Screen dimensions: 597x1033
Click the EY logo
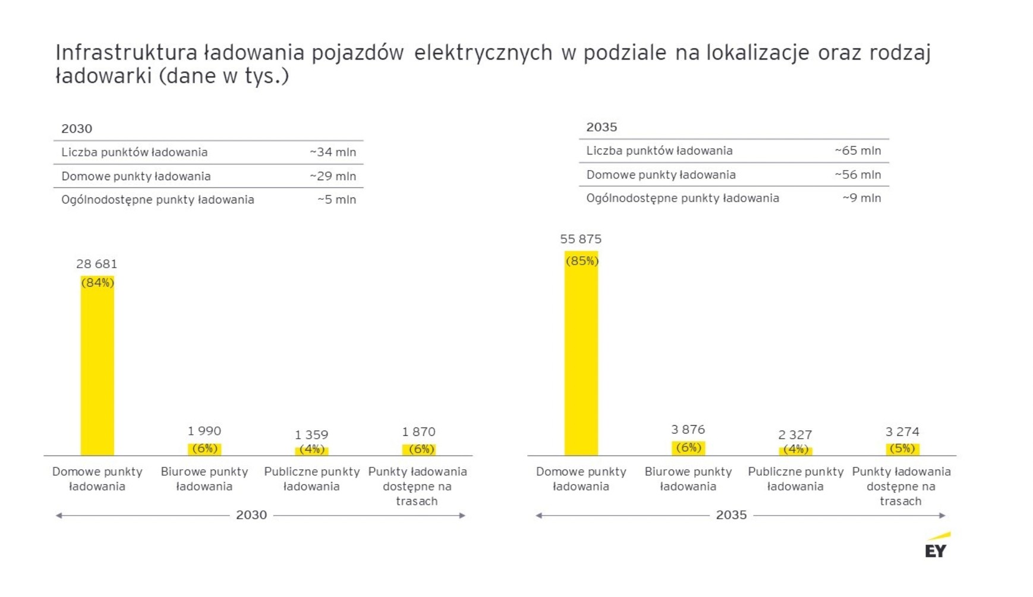tap(937, 546)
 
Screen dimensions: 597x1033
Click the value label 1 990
tap(204, 431)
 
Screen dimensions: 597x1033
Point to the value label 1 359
tap(311, 435)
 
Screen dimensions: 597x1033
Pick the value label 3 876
tap(688, 429)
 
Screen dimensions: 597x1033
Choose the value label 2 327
tap(795, 435)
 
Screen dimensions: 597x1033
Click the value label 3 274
tap(902, 432)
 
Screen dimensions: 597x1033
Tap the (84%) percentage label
tap(97, 283)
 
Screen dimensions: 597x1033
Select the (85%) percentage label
tap(582, 261)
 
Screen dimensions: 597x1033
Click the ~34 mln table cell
tap(333, 152)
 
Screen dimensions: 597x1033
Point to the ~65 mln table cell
tap(858, 151)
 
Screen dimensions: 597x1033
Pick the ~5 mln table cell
tap(336, 200)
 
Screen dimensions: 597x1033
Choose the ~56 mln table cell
tap(858, 175)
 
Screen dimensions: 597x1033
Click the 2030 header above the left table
tap(77, 128)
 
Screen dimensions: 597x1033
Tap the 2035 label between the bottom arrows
tap(731, 515)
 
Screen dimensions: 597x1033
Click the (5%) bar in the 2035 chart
tap(902, 449)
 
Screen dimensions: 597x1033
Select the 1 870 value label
tap(419, 432)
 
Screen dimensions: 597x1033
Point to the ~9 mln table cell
tap(861, 198)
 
